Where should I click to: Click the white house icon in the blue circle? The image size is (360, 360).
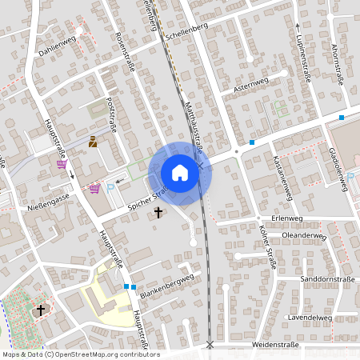(x=180, y=173)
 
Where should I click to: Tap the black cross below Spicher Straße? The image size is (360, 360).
(x=158, y=213)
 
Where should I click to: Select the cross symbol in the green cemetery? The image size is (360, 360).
(x=41, y=310)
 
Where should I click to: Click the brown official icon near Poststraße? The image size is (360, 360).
(x=93, y=142)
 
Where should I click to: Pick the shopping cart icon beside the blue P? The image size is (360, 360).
(x=94, y=189)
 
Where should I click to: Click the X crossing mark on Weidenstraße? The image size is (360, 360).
(x=210, y=345)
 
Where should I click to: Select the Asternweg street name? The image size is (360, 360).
(x=250, y=83)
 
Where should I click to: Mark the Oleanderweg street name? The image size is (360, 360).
(x=305, y=236)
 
